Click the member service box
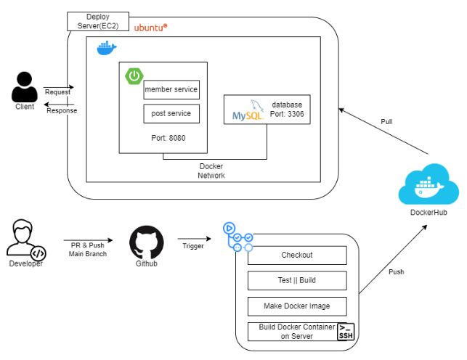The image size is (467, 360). [171, 90]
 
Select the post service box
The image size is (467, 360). [171, 114]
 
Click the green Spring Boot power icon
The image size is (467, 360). [134, 75]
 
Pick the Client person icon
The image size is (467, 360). [25, 88]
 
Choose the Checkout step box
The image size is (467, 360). [296, 255]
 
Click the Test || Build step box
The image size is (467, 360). [296, 280]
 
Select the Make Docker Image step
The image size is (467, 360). [296, 306]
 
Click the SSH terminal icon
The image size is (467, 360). [346, 332]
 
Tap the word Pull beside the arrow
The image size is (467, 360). [387, 122]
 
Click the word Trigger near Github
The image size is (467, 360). [192, 246]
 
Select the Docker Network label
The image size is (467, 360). [211, 171]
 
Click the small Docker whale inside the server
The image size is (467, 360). [107, 49]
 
